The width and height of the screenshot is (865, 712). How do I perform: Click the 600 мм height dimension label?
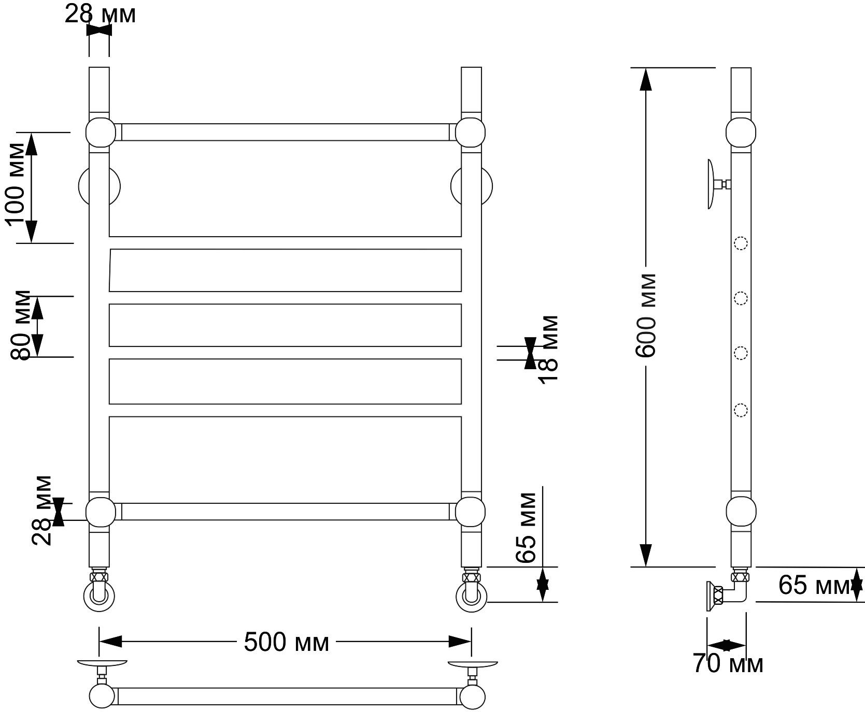[646, 315]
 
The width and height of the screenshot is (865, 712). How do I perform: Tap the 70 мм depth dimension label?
[728, 664]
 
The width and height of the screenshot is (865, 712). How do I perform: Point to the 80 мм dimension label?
[21, 325]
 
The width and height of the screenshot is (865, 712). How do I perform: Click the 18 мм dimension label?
[548, 349]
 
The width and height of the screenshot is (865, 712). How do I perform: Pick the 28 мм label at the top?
[100, 14]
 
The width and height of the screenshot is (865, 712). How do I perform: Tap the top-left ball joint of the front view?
[100, 133]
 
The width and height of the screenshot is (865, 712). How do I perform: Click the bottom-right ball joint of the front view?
[471, 512]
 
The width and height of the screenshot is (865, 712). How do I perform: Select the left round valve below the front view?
[100, 596]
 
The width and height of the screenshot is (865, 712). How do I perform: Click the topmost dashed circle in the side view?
[741, 243]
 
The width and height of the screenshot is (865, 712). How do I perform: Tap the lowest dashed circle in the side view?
[741, 410]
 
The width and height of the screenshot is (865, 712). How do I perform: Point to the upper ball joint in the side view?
[741, 133]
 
